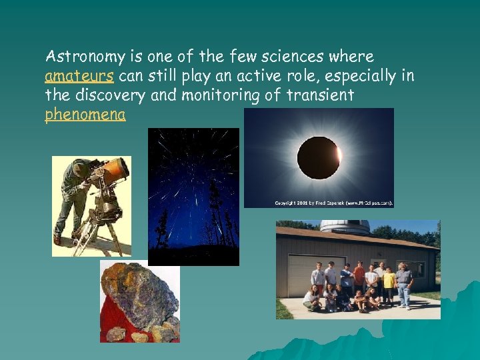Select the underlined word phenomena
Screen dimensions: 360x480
tap(85, 115)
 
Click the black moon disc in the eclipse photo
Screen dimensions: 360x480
tap(318, 157)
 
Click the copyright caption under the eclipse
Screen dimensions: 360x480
tap(333, 202)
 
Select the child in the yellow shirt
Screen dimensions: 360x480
tap(389, 283)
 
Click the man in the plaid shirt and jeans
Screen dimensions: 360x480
tap(404, 283)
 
